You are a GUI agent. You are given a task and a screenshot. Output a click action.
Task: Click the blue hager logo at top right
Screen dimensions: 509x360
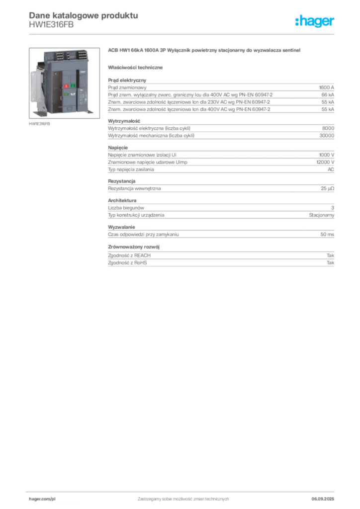(315, 22)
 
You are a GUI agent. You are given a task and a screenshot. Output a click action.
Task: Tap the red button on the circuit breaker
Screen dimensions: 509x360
(66, 85)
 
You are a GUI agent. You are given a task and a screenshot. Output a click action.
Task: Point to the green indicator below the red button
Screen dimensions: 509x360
(66, 94)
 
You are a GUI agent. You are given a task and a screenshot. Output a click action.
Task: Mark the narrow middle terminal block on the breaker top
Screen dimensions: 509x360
(68, 55)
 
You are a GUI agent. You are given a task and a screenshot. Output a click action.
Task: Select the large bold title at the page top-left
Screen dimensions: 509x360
(83, 14)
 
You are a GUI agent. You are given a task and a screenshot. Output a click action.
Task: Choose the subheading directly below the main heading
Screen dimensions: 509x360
(137, 66)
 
